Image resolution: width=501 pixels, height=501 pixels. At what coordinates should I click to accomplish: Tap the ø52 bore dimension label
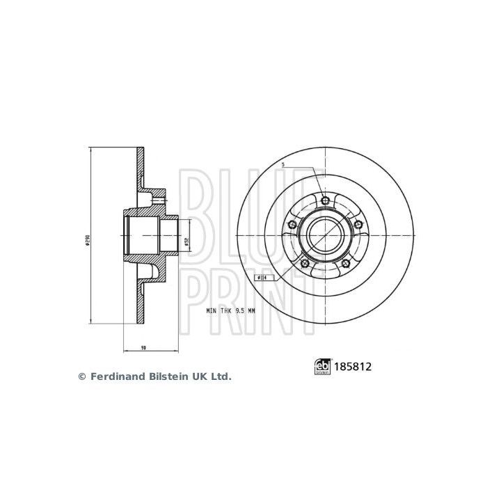click(187, 242)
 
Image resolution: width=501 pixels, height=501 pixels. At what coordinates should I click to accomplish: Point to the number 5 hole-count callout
click(283, 165)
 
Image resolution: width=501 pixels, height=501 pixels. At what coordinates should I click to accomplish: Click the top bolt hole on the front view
click(326, 201)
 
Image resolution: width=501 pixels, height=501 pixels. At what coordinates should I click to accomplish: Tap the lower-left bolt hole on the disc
click(305, 263)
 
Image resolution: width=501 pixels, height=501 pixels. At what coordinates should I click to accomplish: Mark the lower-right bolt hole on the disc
click(347, 263)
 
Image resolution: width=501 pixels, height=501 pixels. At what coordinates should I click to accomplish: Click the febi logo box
click(321, 364)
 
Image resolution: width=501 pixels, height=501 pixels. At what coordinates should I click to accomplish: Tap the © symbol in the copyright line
click(81, 376)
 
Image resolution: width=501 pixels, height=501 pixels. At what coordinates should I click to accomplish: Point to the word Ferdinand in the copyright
click(114, 376)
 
